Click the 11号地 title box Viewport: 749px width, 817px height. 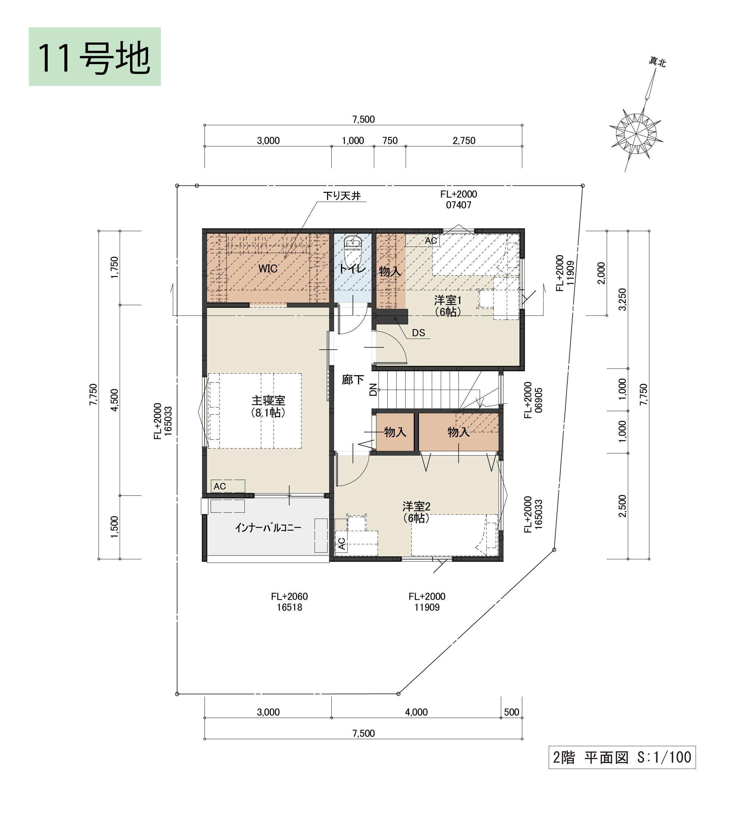[95, 57]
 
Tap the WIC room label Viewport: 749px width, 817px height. [268, 269]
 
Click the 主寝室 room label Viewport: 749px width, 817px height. [268, 401]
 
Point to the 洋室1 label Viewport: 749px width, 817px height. [448, 300]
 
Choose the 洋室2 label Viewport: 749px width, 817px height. [416, 507]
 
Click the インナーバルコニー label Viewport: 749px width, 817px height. [268, 528]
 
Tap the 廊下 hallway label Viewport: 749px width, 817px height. [353, 380]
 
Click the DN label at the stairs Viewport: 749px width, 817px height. [373, 390]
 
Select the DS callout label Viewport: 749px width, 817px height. [418, 333]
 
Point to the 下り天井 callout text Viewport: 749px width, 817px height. [342, 196]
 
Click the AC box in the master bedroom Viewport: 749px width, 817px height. [228, 486]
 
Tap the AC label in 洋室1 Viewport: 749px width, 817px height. [431, 241]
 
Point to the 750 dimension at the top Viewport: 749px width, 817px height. [390, 141]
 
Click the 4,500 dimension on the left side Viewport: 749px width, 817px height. [115, 400]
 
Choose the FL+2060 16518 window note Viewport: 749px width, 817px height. [290, 602]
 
